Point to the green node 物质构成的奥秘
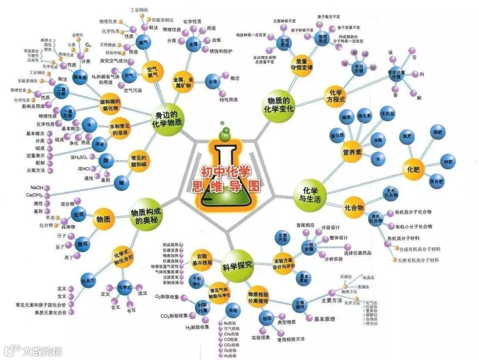click(x=145, y=216)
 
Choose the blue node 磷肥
click(x=437, y=132)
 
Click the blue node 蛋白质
click(x=338, y=135)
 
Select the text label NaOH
click(x=37, y=188)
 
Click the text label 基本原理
click(x=324, y=319)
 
